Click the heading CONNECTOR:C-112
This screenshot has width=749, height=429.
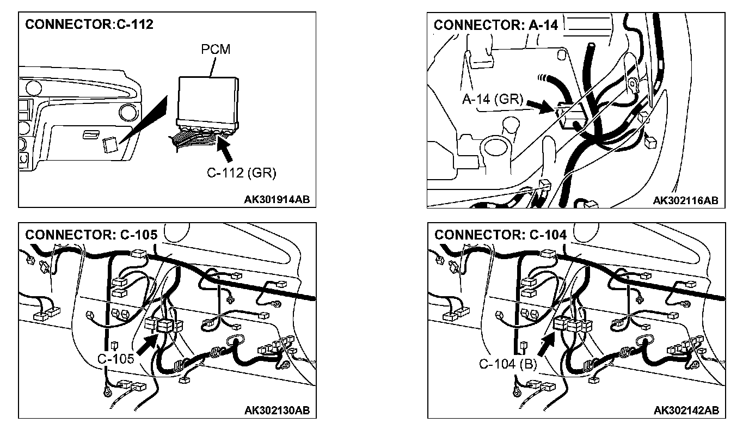click(x=89, y=24)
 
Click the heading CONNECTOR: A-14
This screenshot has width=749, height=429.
click(x=496, y=25)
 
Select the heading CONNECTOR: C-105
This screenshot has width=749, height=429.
click(x=91, y=235)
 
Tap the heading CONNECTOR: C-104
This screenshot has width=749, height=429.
click(x=500, y=235)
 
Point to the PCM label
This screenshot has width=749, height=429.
click(x=216, y=49)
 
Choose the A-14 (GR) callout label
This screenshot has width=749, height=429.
click(x=492, y=100)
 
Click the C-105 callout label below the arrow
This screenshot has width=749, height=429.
click(x=116, y=359)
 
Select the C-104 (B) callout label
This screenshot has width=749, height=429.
click(x=508, y=364)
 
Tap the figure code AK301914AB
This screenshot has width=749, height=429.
click(x=277, y=200)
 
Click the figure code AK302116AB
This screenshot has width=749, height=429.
click(x=685, y=200)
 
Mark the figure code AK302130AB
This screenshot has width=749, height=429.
click(x=277, y=410)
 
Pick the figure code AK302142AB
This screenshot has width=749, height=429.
click(x=685, y=410)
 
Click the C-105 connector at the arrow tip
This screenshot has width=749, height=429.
click(x=164, y=326)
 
